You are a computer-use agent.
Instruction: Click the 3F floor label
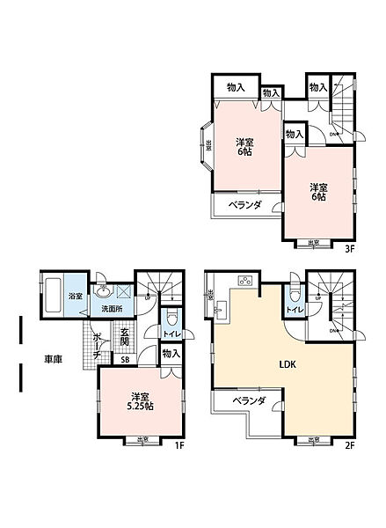(x=349, y=249)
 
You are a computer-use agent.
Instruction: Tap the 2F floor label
(x=349, y=446)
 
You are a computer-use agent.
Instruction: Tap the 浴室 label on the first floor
(x=75, y=296)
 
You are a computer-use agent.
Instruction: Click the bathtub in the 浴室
(x=54, y=292)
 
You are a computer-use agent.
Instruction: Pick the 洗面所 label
(x=111, y=310)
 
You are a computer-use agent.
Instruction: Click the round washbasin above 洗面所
(x=103, y=290)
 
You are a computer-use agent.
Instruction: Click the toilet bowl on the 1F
(x=171, y=318)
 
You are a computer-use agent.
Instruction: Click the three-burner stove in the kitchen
(x=243, y=282)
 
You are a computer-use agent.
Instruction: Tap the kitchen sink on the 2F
(x=220, y=307)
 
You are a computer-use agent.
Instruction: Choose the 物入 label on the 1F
(x=171, y=354)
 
